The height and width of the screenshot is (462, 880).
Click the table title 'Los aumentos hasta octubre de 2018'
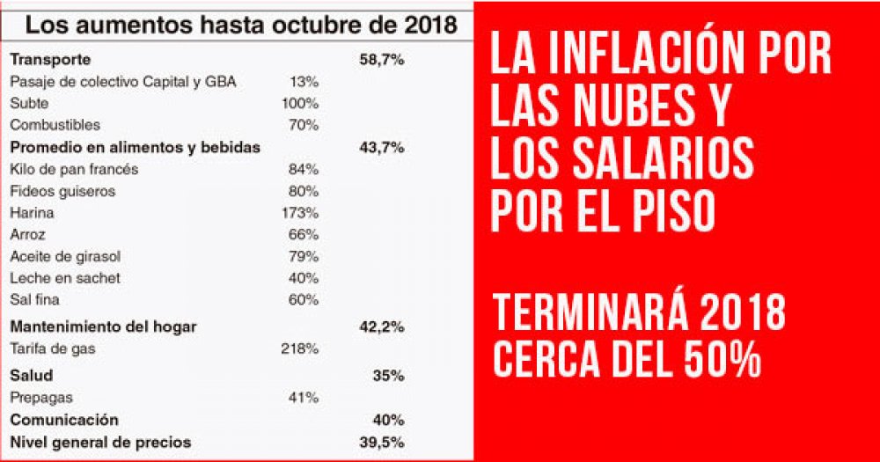(240, 25)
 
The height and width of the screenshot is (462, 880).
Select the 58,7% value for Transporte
(382, 60)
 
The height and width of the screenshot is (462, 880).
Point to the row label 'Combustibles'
(55, 125)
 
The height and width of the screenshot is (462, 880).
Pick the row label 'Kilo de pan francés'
(74, 169)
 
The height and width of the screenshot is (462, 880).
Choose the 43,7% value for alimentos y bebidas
(382, 147)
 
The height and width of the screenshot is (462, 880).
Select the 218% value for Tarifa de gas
(299, 348)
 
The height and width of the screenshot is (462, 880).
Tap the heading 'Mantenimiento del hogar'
(103, 326)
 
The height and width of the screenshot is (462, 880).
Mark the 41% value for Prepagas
(303, 398)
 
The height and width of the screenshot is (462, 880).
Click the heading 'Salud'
(31, 376)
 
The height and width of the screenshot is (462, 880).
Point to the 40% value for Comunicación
(387, 420)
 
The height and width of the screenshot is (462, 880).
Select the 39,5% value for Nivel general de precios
(382, 442)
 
